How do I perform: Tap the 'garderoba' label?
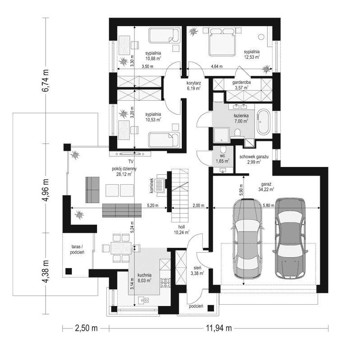[x=241, y=84]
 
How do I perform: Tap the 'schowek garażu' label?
[x=254, y=156]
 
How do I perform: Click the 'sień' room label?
[x=198, y=268]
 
